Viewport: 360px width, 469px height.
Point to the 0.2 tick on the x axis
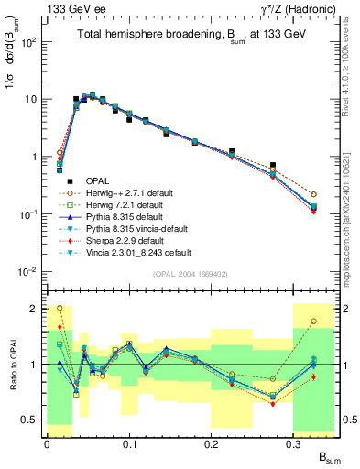pyautogui.click(x=212, y=444)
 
